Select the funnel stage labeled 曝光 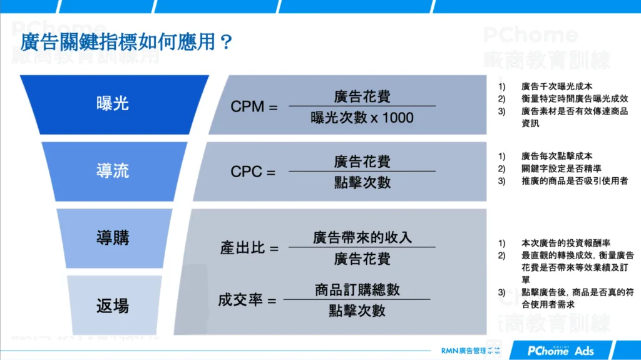(113, 103)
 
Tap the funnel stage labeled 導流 (113, 170)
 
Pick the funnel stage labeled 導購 (113, 237)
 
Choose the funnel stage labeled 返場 (113, 305)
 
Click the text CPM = (254, 107)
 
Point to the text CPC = (253, 172)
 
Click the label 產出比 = (249, 248)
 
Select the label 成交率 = (247, 301)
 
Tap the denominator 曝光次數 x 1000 (362, 117)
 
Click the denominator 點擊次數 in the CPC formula (362, 182)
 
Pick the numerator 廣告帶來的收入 (362, 237)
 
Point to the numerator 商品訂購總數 (357, 290)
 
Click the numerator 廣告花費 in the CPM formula (362, 96)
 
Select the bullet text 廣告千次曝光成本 (556, 86)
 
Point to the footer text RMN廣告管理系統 (471, 351)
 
